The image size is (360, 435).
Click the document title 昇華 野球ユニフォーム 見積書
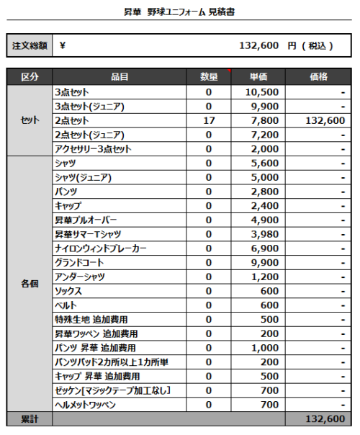(179, 12)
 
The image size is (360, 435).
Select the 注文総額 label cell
(30, 45)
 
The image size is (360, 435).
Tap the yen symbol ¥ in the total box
(63, 45)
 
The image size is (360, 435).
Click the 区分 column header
(30, 77)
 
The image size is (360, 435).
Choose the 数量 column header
(209, 77)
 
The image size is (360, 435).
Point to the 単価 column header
(258, 77)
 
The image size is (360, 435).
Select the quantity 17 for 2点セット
(209, 120)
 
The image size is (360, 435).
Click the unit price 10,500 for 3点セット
(261, 92)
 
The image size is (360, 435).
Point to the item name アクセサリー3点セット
(93, 149)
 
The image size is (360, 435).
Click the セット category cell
(30, 120)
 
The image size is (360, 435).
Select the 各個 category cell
(30, 284)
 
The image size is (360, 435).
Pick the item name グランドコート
(80, 263)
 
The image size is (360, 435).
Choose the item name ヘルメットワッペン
(85, 405)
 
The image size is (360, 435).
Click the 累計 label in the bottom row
(30, 419)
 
